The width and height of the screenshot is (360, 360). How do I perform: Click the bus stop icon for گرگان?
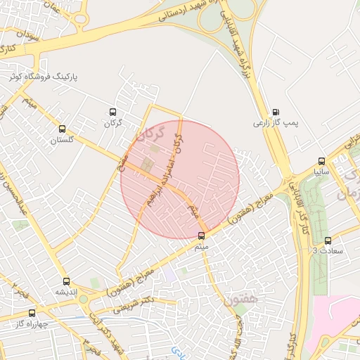click(x=112, y=112)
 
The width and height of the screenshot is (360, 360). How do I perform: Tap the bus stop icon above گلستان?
click(x=63, y=129)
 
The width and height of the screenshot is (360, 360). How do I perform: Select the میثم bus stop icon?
click(x=202, y=236)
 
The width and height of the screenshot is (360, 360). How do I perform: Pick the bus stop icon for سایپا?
click(x=321, y=160)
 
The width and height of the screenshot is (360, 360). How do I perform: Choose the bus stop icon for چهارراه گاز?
click(x=32, y=313)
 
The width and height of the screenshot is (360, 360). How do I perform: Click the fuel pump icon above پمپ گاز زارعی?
click(x=275, y=111)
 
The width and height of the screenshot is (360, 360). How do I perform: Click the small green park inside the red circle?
click(x=147, y=166)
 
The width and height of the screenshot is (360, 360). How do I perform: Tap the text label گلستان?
click(x=61, y=141)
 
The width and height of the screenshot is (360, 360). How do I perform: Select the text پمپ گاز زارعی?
click(x=276, y=123)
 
